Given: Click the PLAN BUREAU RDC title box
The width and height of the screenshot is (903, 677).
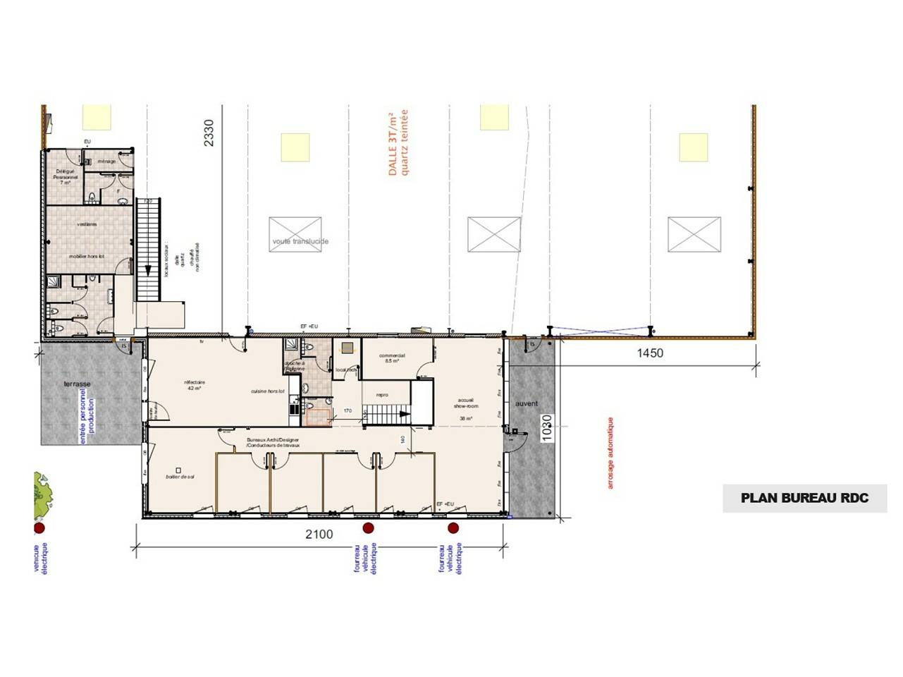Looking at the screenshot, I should (x=804, y=498).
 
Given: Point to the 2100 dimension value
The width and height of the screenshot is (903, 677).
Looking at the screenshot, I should (x=319, y=535).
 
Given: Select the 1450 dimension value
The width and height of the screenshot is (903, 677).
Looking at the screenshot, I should (x=650, y=353).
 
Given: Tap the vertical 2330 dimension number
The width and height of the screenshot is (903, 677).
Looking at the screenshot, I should (x=208, y=133).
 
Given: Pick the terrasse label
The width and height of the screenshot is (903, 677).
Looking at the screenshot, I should (x=77, y=384).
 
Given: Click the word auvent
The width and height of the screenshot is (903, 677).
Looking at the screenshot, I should (x=527, y=404).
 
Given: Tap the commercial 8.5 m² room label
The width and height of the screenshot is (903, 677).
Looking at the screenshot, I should (x=392, y=358).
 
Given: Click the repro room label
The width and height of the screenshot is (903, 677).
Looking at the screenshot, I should (x=383, y=395).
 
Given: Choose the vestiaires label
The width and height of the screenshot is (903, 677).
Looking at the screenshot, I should (x=87, y=224).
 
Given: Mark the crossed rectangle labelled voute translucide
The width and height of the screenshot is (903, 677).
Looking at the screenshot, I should (x=295, y=234).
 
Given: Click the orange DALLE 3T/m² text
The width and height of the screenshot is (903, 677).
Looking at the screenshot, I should (x=398, y=142).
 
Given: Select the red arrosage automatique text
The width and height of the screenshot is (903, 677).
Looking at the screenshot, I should (x=610, y=453).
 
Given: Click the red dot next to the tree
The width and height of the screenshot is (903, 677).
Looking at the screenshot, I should (x=39, y=527).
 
